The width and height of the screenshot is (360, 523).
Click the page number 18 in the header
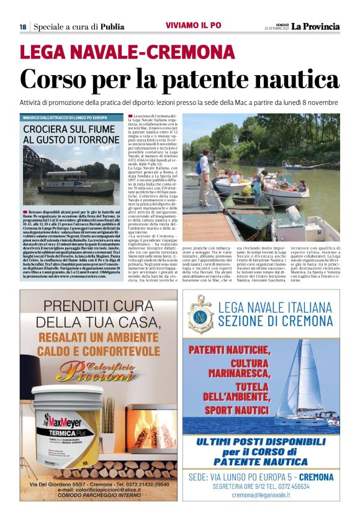(x=23, y=27)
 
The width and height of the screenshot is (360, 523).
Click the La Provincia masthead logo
(x=317, y=26)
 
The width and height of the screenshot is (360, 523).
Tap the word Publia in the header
(x=112, y=27)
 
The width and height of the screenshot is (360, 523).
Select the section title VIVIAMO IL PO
(x=193, y=25)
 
